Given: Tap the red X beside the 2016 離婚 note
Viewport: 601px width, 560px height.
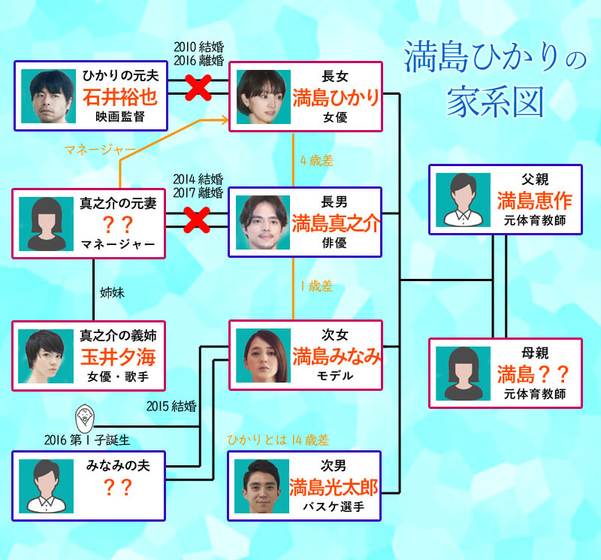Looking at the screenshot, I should click(x=197, y=89).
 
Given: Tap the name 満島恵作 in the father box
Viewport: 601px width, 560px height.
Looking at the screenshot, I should click(x=534, y=201).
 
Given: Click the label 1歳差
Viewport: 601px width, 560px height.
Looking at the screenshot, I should click(x=315, y=286).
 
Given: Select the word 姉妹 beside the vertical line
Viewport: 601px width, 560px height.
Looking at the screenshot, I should click(x=112, y=292).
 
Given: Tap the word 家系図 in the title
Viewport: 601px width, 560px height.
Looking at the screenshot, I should click(x=496, y=103).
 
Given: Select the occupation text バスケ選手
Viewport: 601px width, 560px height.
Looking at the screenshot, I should click(x=334, y=507).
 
